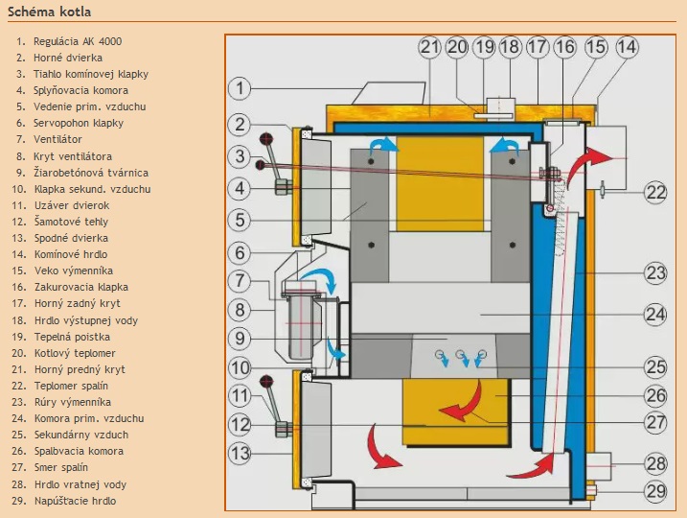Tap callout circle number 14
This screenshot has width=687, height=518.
point(626,46)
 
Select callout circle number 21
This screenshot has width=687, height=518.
point(428,46)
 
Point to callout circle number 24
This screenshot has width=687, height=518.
point(655,313)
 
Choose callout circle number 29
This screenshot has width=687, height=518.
point(655,491)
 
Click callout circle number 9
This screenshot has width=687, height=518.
point(240,338)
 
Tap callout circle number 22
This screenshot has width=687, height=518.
point(655,192)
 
